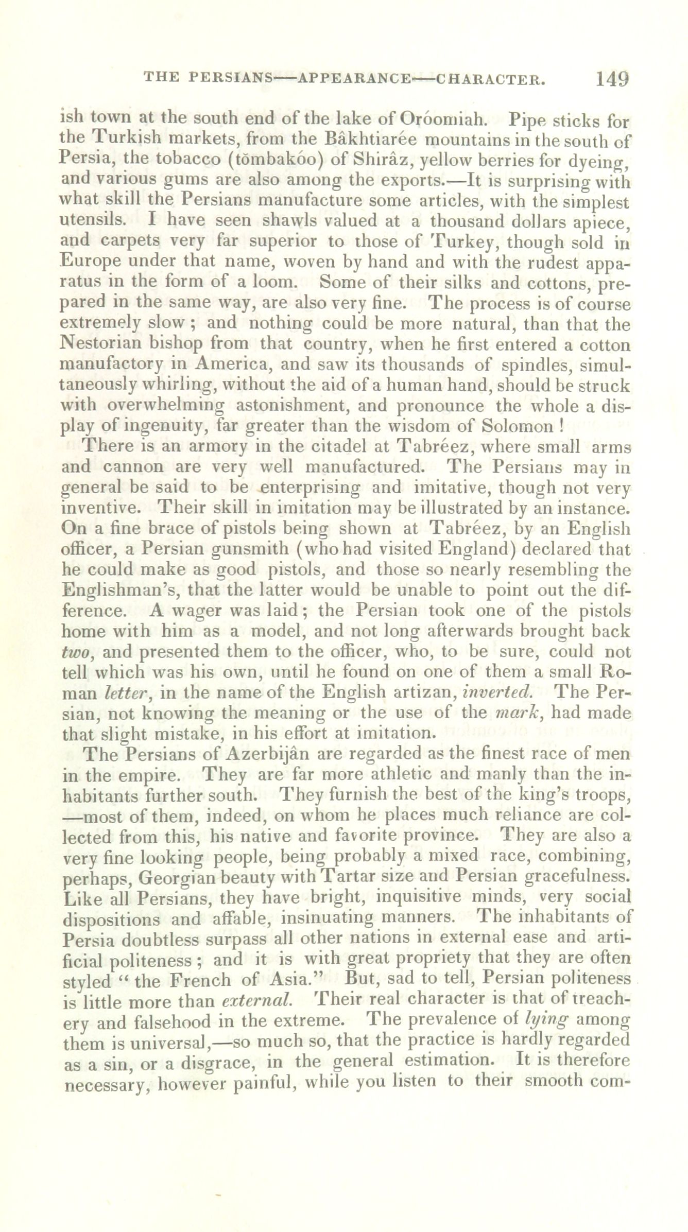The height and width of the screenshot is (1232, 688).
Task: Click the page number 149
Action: [612, 79]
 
